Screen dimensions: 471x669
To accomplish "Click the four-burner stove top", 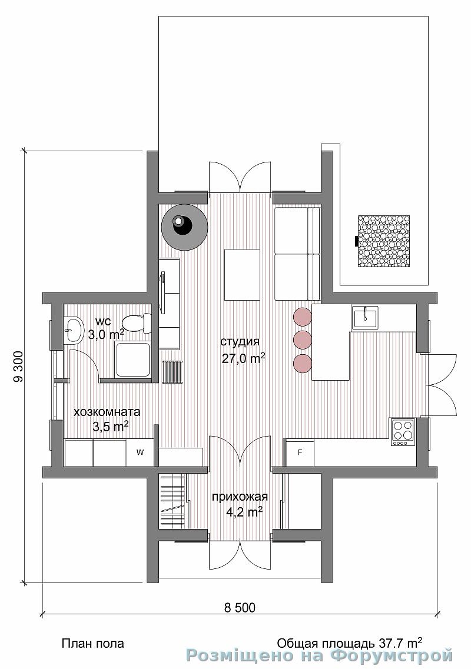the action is pos(403,432).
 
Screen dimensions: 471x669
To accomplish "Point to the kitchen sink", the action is pos(364,317).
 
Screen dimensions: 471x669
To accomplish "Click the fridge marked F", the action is pos(300,452).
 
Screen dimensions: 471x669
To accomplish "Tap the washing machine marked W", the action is pos(140,452).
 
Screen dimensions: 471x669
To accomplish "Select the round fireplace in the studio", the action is pos(184,227).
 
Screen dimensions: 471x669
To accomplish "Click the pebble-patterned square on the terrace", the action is pos(383,241).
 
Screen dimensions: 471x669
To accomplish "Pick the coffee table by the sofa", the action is pos(243,275).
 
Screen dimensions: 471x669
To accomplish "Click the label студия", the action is pos(240,342).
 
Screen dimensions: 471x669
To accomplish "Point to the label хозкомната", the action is pos(107,412).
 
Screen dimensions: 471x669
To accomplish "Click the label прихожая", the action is pos(240,497).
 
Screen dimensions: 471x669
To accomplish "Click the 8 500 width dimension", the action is pos(240,608).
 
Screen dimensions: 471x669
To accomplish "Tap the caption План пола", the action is pos(93,643).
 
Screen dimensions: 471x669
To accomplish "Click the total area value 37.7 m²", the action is pos(400,642).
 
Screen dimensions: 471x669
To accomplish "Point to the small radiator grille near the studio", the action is pos(173,372).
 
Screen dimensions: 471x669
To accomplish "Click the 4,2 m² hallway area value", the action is pos(244,511).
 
